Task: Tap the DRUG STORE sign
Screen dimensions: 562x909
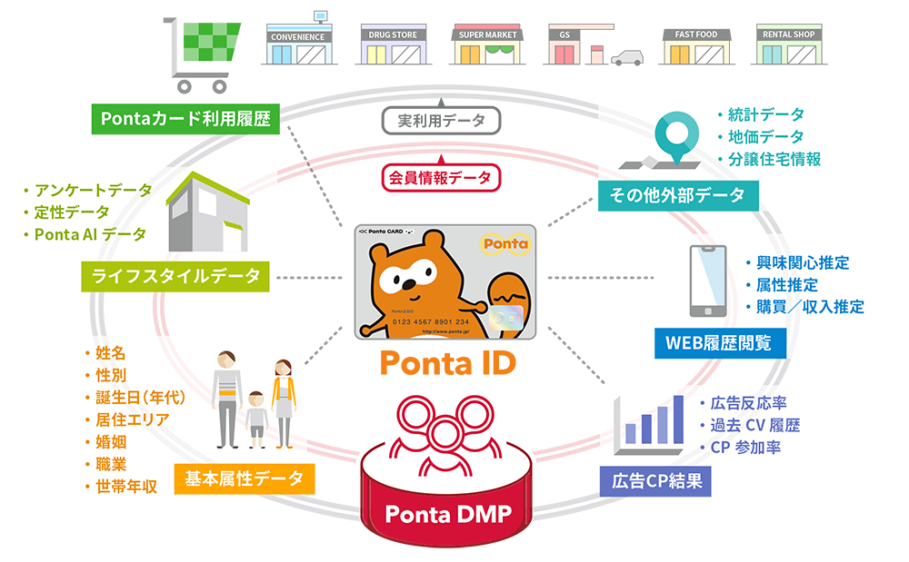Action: coord(393,35)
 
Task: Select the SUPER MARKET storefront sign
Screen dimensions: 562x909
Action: coord(487,35)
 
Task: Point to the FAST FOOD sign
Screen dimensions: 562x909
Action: coord(695,35)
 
